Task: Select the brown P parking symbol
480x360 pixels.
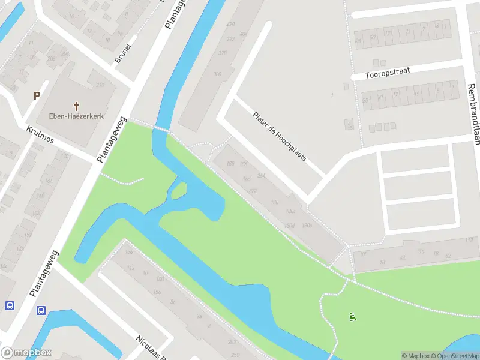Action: point(37,95)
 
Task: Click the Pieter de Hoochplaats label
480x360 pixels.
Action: point(280,136)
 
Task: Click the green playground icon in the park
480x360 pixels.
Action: point(352,317)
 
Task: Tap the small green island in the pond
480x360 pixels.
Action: point(178,191)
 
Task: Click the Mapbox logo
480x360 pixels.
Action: point(26,353)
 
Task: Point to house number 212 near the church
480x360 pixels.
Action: point(100,85)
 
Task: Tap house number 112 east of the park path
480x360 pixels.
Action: point(469,241)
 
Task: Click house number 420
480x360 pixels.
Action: point(230,24)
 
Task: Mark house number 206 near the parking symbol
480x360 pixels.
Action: point(52,58)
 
